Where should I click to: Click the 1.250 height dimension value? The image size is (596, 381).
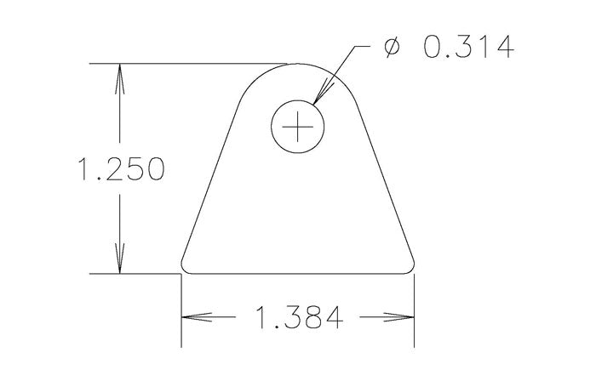pos(120,169)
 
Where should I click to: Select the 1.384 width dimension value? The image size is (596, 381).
pos(298,318)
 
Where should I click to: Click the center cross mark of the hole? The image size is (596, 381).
pos(298,128)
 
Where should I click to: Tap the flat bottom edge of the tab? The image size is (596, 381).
pos(298,274)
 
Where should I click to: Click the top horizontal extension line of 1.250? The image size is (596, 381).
pos(187,64)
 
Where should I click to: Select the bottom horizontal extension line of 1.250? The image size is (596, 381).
pos(136,274)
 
